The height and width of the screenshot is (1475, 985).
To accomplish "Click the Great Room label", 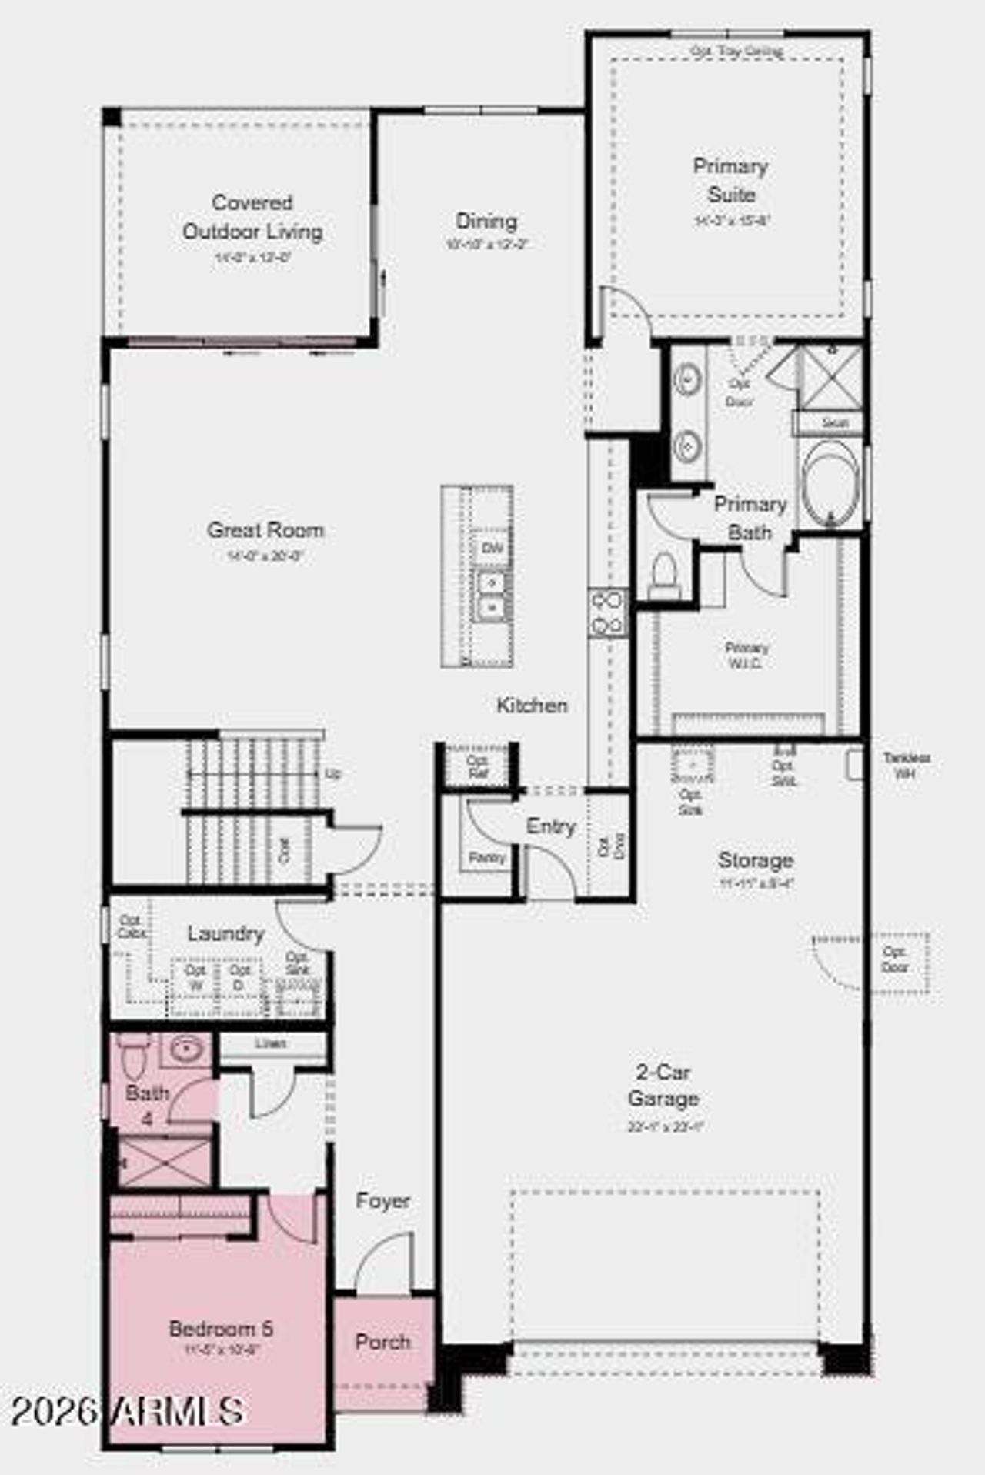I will click(265, 530).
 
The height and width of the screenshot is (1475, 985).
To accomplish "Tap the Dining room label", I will click(486, 222).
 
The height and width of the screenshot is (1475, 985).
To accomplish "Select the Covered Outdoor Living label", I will click(252, 217).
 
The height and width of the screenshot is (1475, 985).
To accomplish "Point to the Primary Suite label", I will click(730, 180).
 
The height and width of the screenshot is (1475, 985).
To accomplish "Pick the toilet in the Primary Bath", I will click(663, 574).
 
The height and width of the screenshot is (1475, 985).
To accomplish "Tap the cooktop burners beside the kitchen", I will click(608, 612).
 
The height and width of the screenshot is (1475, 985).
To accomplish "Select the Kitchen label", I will click(532, 706).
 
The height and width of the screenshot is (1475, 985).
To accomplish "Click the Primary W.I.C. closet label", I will click(746, 655).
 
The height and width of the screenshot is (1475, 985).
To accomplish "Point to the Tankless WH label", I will click(906, 766).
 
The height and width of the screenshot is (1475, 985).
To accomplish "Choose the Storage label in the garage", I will click(755, 860).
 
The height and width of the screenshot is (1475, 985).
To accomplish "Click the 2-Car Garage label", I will click(663, 1085).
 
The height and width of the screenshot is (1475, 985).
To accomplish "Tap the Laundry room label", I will click(225, 933).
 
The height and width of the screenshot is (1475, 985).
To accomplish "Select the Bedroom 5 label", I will click(221, 1329).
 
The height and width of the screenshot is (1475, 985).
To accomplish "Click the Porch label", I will click(382, 1342).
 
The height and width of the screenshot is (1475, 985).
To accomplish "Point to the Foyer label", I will click(382, 1200).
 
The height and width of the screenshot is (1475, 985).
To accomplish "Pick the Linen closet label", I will click(270, 1044).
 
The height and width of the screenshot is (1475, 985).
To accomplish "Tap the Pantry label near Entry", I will click(486, 857).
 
